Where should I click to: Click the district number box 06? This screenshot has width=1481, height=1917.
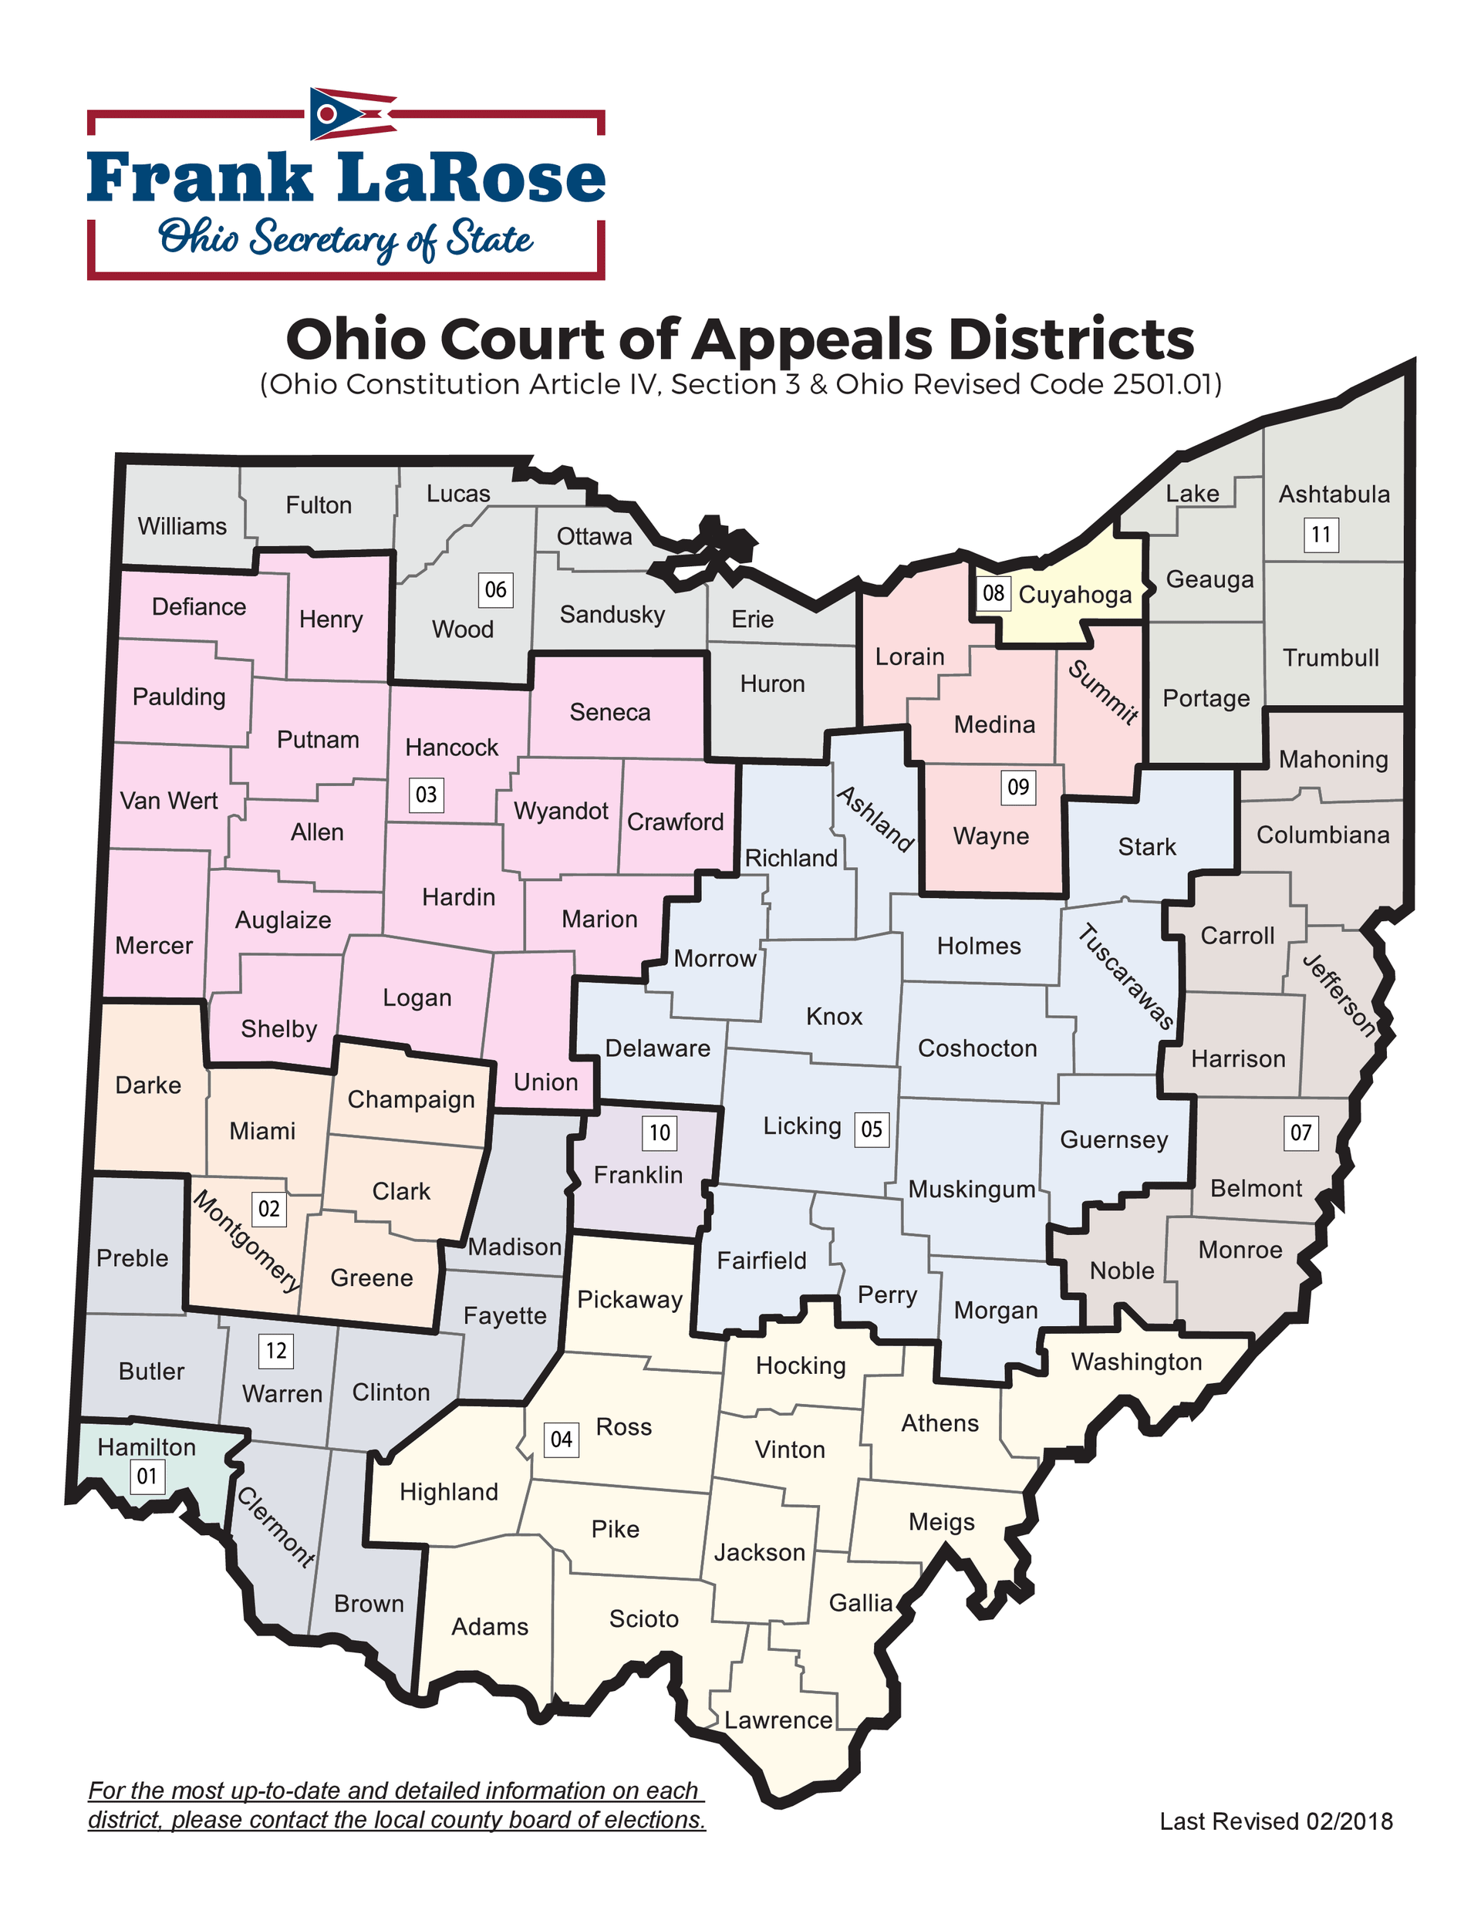click(x=495, y=589)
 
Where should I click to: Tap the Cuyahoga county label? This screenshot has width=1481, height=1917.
click(x=1074, y=595)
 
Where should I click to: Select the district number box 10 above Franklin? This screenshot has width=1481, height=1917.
click(x=660, y=1132)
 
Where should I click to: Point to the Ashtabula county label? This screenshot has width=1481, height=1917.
click(x=1334, y=494)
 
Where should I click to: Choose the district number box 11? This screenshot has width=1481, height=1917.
click(x=1321, y=534)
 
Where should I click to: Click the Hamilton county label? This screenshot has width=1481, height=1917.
click(x=147, y=1446)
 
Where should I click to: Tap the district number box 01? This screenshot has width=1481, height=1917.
click(x=147, y=1477)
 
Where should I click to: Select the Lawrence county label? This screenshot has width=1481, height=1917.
click(x=778, y=1720)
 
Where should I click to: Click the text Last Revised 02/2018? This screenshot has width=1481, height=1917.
click(x=1276, y=1821)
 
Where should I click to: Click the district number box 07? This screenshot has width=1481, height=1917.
click(x=1301, y=1132)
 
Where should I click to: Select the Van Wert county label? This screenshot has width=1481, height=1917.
click(x=169, y=801)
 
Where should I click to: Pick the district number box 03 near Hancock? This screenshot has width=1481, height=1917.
click(x=426, y=795)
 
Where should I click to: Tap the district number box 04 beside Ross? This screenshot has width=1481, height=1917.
click(x=561, y=1439)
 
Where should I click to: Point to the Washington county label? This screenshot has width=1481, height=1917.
click(x=1136, y=1362)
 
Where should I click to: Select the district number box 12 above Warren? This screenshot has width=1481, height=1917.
click(x=275, y=1350)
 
